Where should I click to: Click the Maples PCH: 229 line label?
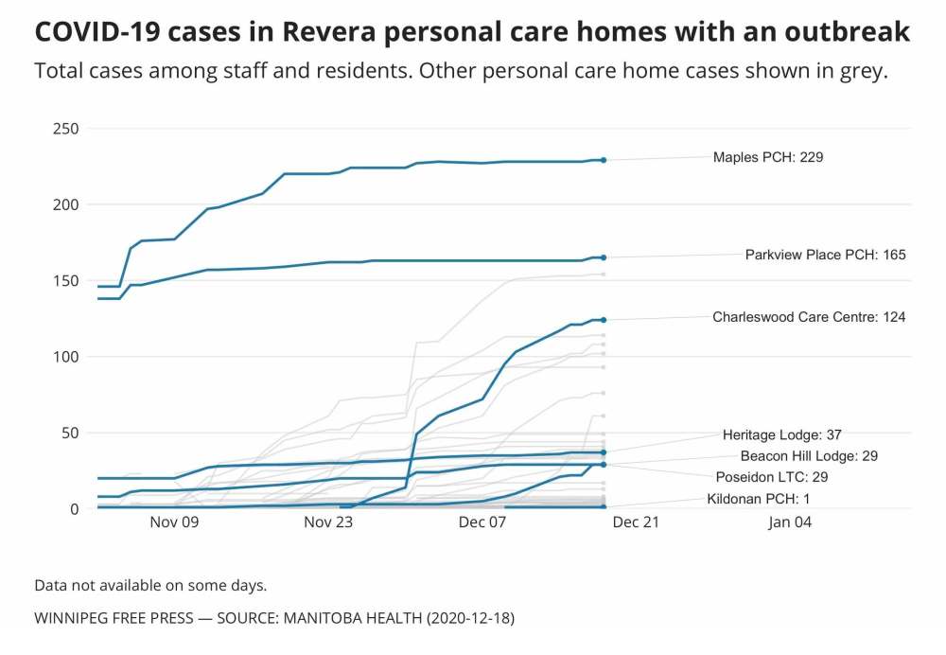[x=768, y=157]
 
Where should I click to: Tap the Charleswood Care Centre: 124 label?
[x=809, y=317]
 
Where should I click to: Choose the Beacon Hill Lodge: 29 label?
[x=809, y=456]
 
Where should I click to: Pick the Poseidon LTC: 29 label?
[x=772, y=477]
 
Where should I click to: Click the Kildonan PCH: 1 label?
[x=757, y=499]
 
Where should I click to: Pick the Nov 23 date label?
[x=328, y=522]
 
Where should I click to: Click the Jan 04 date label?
[x=789, y=522]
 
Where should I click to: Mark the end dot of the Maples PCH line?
[x=604, y=160]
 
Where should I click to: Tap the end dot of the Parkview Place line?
[x=604, y=257]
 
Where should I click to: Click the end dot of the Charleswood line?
[x=604, y=320]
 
